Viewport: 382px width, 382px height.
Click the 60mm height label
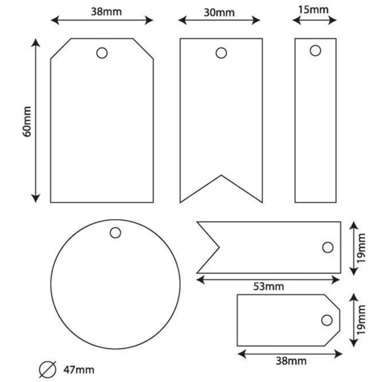click(x=27, y=122)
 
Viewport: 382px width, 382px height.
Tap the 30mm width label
click(x=219, y=13)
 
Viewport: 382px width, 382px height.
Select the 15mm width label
click(x=313, y=10)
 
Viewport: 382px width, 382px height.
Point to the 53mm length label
click(x=269, y=286)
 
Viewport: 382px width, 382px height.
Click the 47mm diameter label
click(x=79, y=370)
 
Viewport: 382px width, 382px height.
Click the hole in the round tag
click(x=115, y=233)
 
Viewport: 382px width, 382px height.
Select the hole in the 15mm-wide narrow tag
click(x=315, y=51)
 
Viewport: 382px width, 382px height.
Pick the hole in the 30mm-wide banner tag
click(x=221, y=53)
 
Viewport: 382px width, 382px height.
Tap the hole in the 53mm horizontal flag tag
click(x=328, y=247)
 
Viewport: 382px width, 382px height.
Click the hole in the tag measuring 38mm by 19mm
click(x=327, y=320)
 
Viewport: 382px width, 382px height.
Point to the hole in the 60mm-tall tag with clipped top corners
click(x=102, y=53)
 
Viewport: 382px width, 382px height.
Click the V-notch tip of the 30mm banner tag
click(x=221, y=175)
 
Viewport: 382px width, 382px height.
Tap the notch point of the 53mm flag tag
click(x=219, y=247)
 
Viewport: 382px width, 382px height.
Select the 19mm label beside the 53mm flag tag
click(x=361, y=248)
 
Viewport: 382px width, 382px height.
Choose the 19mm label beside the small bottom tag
click(x=361, y=320)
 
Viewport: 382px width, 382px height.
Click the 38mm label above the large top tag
click(x=106, y=12)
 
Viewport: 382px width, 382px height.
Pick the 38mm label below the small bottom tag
click(x=291, y=361)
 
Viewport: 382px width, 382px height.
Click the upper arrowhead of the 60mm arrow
click(x=35, y=42)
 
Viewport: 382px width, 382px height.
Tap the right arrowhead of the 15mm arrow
click(x=332, y=20)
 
